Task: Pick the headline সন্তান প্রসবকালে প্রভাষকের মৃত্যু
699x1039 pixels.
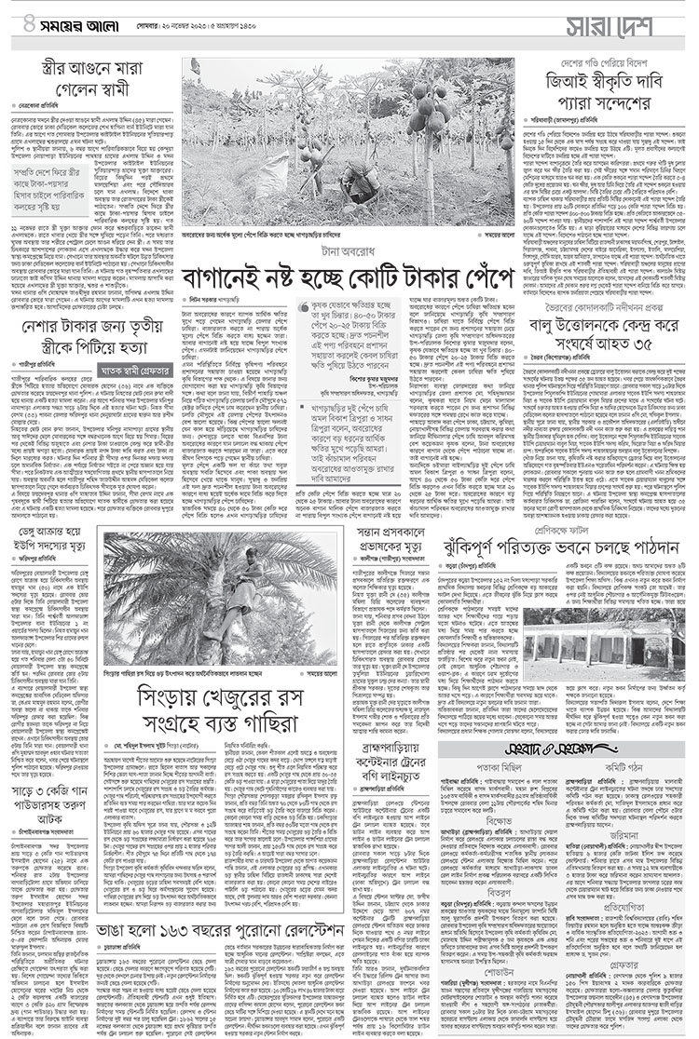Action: point(392,542)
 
